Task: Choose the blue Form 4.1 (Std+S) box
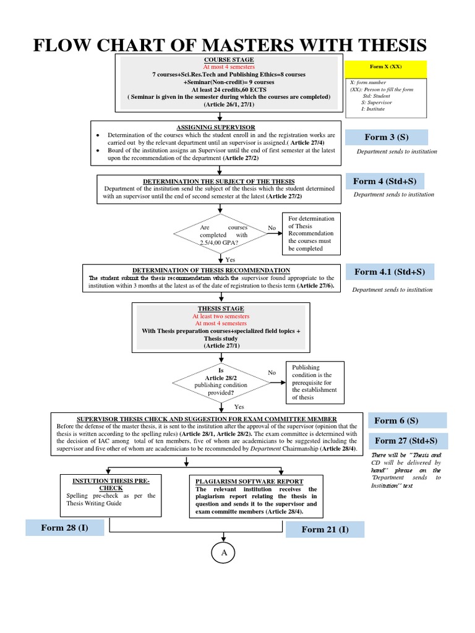pyautogui.click(x=394, y=272)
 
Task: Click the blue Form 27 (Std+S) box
pyautogui.click(x=406, y=441)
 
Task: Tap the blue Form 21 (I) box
pyautogui.click(x=325, y=529)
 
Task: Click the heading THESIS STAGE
pyautogui.click(x=221, y=308)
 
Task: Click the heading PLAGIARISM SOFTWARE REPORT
pyautogui.click(x=249, y=481)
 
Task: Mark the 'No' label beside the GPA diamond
pyautogui.click(x=272, y=228)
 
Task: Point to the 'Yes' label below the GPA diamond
pyautogui.click(x=230, y=260)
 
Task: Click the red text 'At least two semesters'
pyautogui.click(x=221, y=316)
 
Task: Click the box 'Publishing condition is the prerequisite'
pyautogui.click(x=315, y=382)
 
